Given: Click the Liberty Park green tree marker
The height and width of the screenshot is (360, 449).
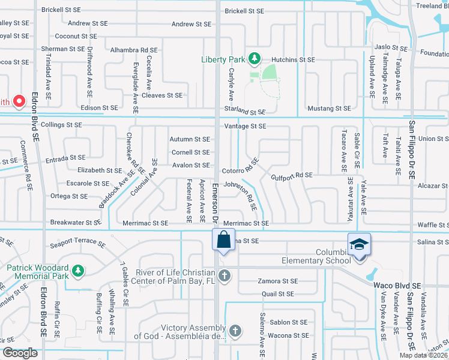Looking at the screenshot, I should [x=255, y=58].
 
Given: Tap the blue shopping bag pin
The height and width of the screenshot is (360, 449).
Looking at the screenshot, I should [x=223, y=240].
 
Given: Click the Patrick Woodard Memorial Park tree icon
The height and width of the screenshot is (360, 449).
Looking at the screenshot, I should [x=78, y=272].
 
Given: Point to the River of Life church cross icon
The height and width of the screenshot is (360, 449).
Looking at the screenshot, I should [x=224, y=276].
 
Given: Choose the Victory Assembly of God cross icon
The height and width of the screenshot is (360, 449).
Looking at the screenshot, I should [x=236, y=331].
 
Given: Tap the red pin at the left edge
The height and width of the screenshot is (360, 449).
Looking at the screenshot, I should [x=19, y=101].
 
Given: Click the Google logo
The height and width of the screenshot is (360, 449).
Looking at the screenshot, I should [x=20, y=353].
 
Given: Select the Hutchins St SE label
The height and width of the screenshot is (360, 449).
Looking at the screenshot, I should [x=293, y=60].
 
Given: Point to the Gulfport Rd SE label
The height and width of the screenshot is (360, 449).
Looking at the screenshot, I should [x=292, y=175].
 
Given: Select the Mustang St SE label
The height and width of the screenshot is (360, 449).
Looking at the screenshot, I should [x=328, y=109].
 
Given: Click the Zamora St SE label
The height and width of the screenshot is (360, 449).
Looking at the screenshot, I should [x=277, y=281].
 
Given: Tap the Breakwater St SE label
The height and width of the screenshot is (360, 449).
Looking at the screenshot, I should [x=76, y=223].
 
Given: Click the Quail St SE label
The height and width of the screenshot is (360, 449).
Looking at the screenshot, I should [x=278, y=294].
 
